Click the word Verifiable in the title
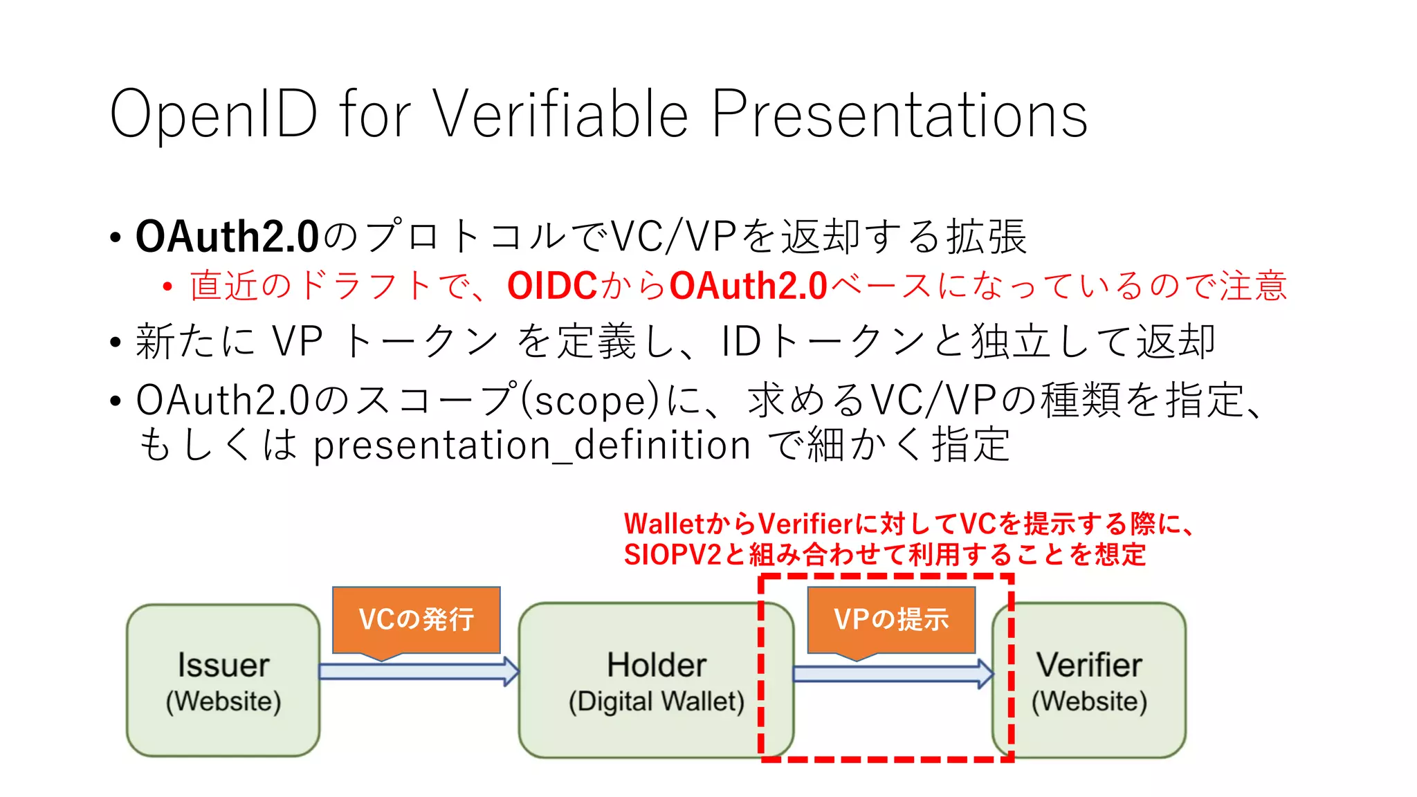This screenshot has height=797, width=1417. [560, 114]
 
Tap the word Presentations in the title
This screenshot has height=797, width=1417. [899, 114]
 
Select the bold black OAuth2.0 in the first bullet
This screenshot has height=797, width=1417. [227, 237]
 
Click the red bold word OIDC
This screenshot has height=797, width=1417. [552, 286]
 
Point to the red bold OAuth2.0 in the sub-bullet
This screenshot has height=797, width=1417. [749, 286]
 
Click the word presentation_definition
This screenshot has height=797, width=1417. [531, 445]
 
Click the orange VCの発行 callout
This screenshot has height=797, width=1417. [416, 619]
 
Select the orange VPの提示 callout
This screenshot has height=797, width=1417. [891, 619]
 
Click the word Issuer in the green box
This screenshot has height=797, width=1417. [223, 665]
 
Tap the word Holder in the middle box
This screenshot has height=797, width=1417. [656, 665]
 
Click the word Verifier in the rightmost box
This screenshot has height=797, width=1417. [1088, 665]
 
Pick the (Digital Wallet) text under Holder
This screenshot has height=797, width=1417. [656, 702]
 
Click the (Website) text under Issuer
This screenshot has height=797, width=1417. [223, 702]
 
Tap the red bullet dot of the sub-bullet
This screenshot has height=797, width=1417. [167, 286]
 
